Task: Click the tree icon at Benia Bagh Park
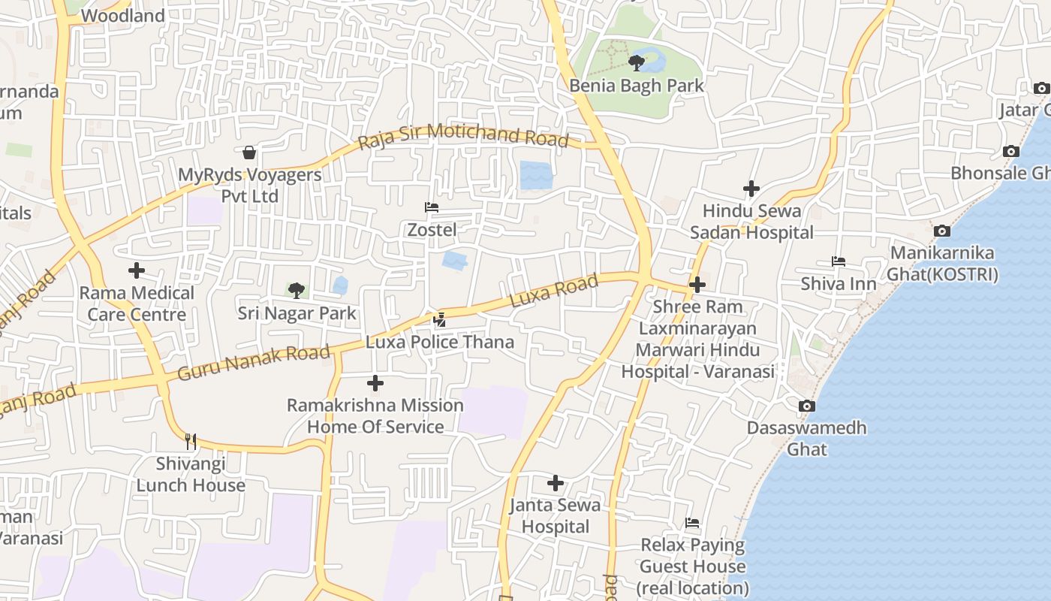(x=637, y=62)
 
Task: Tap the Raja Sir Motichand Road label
(x=462, y=135)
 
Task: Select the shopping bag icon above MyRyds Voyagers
(x=249, y=153)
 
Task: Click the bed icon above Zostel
(x=432, y=207)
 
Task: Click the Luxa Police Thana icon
(x=440, y=320)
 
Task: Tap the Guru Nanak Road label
(x=254, y=362)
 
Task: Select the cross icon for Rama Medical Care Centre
(x=137, y=270)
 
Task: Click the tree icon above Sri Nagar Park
(x=297, y=290)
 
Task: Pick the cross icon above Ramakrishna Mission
(x=375, y=383)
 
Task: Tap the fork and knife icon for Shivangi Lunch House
(x=191, y=441)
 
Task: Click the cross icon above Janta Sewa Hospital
(x=556, y=482)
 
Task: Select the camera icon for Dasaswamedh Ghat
(x=807, y=406)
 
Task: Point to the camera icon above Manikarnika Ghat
(x=942, y=231)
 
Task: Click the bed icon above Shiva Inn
(x=839, y=261)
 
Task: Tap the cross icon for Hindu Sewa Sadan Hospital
(x=751, y=189)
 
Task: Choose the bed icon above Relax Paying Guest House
(x=692, y=523)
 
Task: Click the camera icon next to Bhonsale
(x=1011, y=151)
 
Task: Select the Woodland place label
(x=122, y=16)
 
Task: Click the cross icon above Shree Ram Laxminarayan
(x=697, y=285)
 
